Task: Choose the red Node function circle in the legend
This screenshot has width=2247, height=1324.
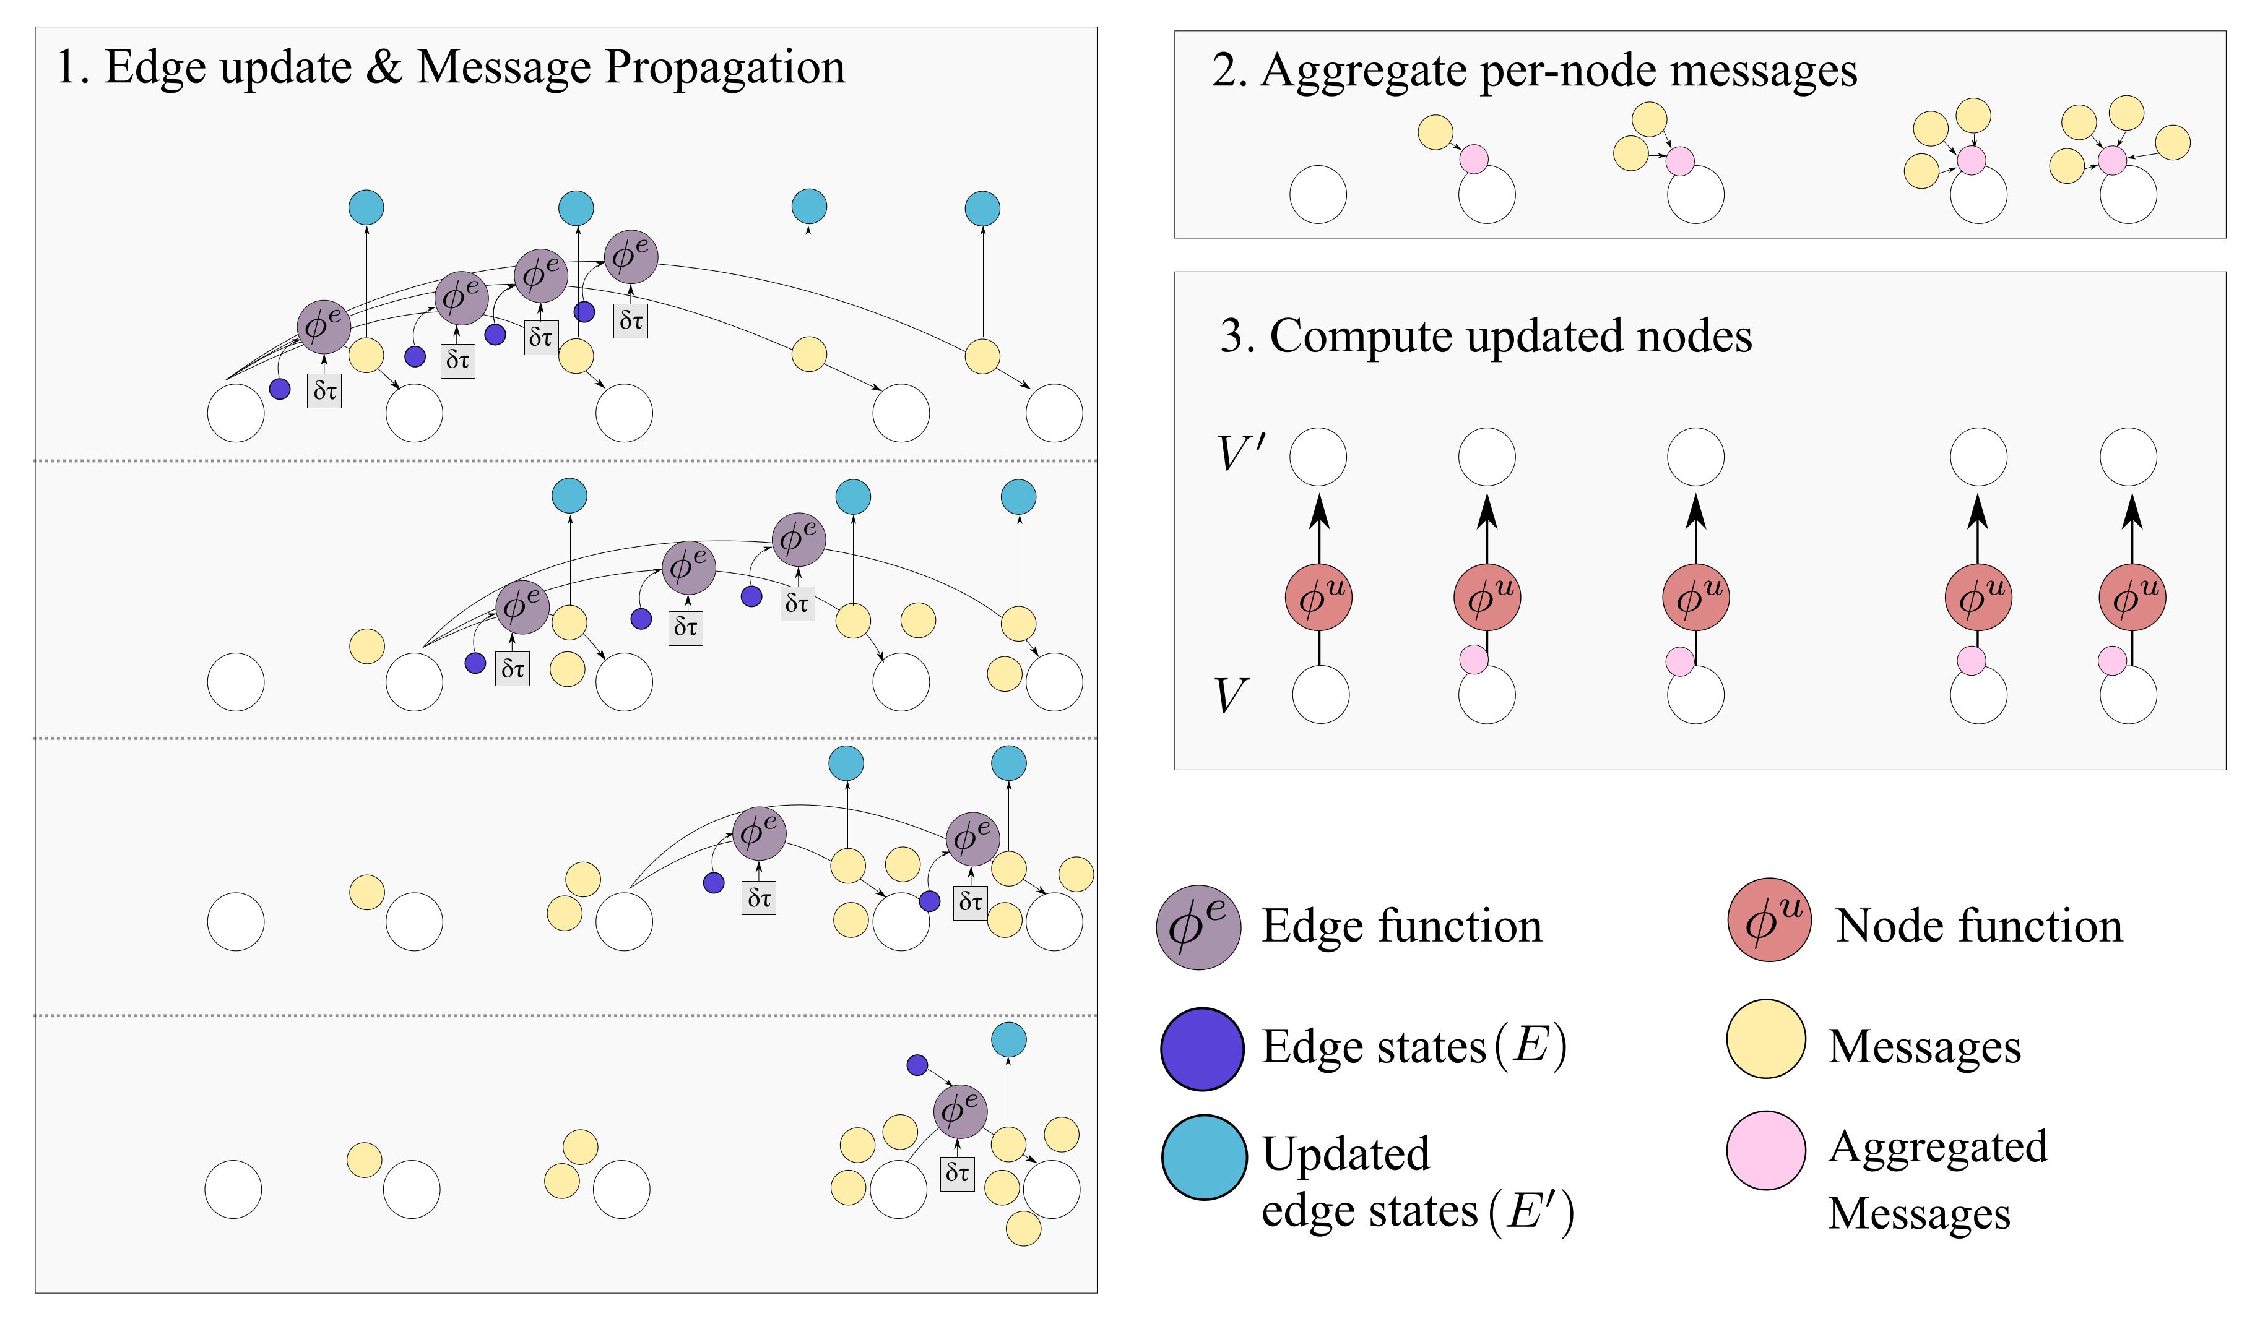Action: (x=1769, y=920)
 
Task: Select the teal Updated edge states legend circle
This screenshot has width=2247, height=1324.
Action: (x=1204, y=1156)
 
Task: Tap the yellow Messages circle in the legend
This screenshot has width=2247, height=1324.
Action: (x=1766, y=1039)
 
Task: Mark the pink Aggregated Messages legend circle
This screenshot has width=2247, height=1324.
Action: (x=1766, y=1150)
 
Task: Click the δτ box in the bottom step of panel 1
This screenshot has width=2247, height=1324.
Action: (x=956, y=1172)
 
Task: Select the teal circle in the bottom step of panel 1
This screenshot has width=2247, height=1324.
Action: (x=1008, y=1039)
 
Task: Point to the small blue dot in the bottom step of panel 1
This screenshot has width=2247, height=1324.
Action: (x=917, y=1064)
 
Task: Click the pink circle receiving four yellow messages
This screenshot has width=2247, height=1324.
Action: (x=2111, y=161)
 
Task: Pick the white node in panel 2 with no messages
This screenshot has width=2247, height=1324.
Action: (x=1317, y=194)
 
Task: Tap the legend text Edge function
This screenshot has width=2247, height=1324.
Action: (x=1401, y=927)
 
